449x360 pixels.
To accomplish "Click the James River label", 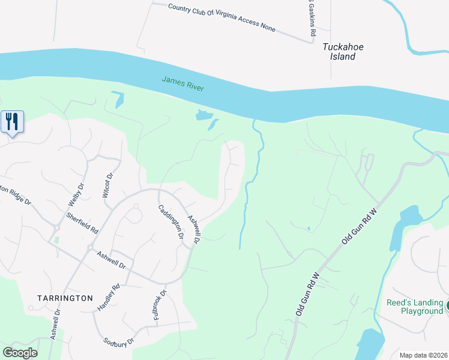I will coord(182,84).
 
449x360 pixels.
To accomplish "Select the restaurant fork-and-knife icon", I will coord(12,122).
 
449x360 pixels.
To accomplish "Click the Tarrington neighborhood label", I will coord(65,298).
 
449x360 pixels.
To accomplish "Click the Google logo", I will coord(20,353).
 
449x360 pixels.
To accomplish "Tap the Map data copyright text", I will coord(423,355).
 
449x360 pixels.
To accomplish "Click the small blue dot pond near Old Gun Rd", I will coord(308,229).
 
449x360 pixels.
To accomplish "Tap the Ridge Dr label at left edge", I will coord(15,193).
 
